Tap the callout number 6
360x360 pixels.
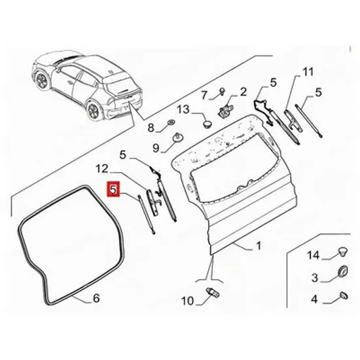[96, 298]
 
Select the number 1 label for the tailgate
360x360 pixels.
[259, 245]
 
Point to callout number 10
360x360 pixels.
[188, 301]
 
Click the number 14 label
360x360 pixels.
[314, 255]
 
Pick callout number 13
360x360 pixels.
[183, 109]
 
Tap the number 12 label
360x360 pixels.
[102, 169]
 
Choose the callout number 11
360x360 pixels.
[308, 72]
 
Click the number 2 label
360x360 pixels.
[243, 92]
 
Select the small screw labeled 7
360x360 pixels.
[223, 91]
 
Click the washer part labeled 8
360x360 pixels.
[171, 122]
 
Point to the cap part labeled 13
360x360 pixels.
[207, 123]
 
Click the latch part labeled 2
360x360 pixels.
[225, 109]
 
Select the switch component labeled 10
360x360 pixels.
[213, 291]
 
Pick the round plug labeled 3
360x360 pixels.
[343, 271]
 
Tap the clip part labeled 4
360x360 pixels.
[344, 295]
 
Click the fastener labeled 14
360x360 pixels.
[342, 252]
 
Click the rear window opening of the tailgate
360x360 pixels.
[234, 168]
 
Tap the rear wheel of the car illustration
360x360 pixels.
[94, 110]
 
